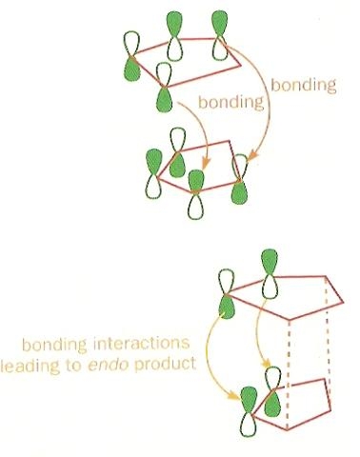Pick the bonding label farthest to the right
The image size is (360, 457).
303,85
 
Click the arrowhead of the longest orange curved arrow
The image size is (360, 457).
252,156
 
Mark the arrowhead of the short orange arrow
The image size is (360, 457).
206,164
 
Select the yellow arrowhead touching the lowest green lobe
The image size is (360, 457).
234,395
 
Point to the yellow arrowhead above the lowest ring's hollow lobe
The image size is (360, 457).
266,363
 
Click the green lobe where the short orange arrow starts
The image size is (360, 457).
164,99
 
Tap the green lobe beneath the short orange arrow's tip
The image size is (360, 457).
195,181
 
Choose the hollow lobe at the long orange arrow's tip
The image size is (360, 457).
240,167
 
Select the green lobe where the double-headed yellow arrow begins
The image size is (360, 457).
227,307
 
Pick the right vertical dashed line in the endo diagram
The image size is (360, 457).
327,345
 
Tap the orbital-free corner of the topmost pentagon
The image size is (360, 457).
240,67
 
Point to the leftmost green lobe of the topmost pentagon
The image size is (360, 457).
131,69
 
